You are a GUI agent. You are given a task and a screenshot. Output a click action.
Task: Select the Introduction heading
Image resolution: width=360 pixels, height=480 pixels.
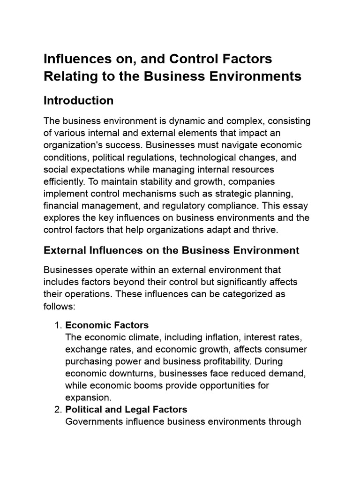pos(78,101)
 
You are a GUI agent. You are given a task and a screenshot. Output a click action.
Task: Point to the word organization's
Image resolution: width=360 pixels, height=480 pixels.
pos(71,145)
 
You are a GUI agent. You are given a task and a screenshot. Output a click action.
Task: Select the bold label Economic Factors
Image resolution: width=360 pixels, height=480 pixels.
pos(107,325)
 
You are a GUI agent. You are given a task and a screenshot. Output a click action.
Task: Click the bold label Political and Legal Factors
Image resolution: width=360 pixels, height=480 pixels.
pos(126,410)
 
